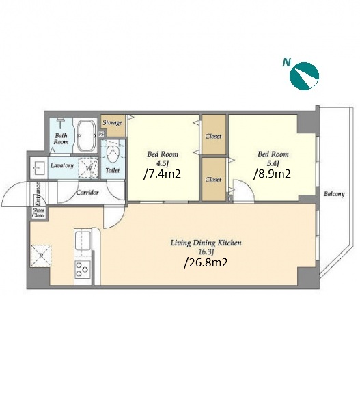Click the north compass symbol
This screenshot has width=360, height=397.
(304, 76)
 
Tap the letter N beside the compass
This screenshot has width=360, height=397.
(286, 62)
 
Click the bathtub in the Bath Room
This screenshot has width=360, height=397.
(86, 135)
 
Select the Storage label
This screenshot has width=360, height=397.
(112, 123)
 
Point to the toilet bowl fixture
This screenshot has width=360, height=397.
(113, 152)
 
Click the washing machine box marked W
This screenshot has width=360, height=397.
(88, 167)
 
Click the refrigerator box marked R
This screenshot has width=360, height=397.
(41, 256)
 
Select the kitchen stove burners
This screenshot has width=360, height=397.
(82, 269)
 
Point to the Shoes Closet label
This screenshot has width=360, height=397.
(38, 213)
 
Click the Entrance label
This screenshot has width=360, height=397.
(38, 193)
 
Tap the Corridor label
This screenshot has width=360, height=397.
(87, 193)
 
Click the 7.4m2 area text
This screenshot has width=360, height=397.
(162, 174)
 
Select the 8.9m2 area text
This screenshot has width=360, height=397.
(272, 174)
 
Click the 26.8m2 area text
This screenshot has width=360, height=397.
(206, 262)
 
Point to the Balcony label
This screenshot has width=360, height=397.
(334, 194)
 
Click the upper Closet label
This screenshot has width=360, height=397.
(213, 136)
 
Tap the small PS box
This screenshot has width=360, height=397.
(102, 134)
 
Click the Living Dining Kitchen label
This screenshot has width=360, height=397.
(206, 243)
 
